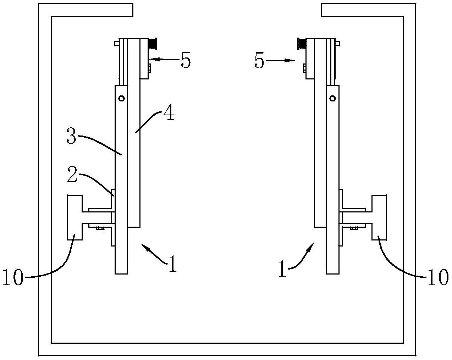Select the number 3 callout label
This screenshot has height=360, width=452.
tap(71, 136)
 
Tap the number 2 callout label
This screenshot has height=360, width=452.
tap(72, 175)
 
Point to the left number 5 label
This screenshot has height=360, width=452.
tap(186, 60)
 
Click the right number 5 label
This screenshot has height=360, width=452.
tap(259, 61)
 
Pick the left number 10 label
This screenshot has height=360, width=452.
tap(13, 277)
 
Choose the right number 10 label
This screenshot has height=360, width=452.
tap(438, 277)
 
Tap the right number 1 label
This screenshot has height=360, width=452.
tap(282, 268)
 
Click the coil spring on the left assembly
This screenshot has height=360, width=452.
tap(153, 44)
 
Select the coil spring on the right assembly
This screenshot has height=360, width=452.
tap(302, 44)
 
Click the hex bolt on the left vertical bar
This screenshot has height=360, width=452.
tap(122, 98)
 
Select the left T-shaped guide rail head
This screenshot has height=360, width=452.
tap(75, 217)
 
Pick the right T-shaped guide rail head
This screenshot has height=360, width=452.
tap(379, 217)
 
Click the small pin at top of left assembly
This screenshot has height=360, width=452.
tap(117, 44)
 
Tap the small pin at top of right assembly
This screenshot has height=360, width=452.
tap(337, 44)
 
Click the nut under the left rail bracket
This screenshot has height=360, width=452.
tap(100, 228)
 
